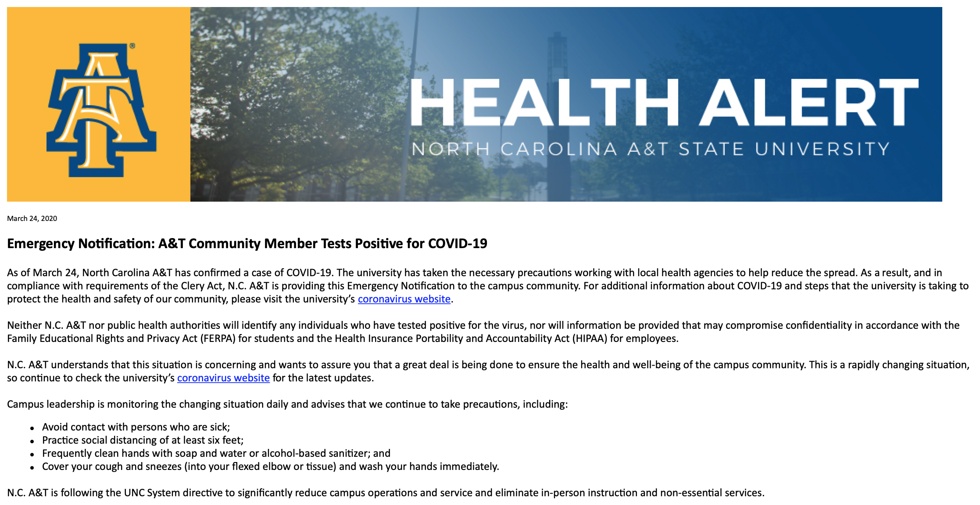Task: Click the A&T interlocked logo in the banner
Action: [101, 110]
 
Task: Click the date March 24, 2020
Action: [32, 219]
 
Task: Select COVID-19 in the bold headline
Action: [458, 244]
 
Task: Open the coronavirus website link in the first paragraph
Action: [404, 299]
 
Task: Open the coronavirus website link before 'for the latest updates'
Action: [223, 378]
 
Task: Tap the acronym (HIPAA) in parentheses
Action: [590, 339]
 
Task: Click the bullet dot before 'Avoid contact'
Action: [32, 428]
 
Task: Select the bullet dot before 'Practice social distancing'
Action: [32, 441]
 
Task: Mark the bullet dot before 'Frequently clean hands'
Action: [32, 455]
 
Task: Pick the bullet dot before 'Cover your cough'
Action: [32, 468]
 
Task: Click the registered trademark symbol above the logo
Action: [132, 46]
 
